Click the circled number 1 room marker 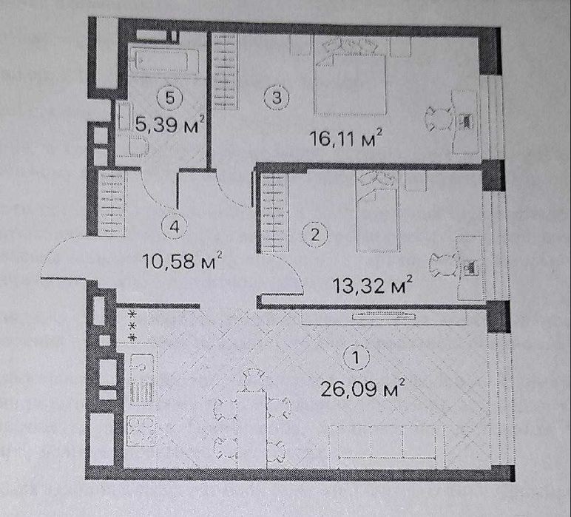tap(357, 357)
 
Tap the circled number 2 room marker tap(315, 235)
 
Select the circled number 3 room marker tap(277, 98)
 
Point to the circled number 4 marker tap(175, 226)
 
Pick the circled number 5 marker tap(169, 98)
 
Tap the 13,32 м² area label tap(373, 284)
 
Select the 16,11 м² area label tap(346, 138)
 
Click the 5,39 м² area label tap(169, 124)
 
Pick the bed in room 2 tap(378, 212)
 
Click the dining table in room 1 tap(251, 429)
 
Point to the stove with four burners tap(141, 431)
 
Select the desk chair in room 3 tap(439, 118)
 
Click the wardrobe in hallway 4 tap(112, 204)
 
